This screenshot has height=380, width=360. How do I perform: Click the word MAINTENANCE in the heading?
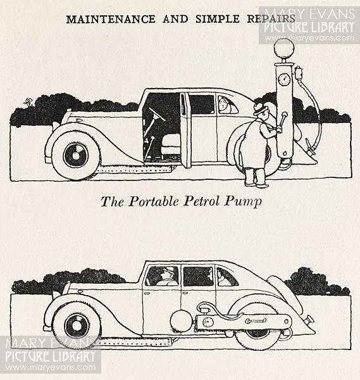[x=111, y=20]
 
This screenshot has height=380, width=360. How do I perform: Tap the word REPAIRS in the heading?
[x=271, y=19]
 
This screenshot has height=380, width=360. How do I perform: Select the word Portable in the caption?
[x=154, y=201]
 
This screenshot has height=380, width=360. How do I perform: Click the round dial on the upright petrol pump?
[x=284, y=79]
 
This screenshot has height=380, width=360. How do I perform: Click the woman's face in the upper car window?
[x=222, y=104]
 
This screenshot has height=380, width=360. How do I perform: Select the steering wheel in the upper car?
[x=157, y=114]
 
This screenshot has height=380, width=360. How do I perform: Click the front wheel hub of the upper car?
[x=76, y=156]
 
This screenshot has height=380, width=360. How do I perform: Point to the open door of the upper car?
[x=186, y=130]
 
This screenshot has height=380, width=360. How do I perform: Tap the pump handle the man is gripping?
[x=282, y=123]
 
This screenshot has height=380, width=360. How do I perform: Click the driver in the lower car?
[x=167, y=276]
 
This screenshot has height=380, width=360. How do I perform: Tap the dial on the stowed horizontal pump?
[x=208, y=322]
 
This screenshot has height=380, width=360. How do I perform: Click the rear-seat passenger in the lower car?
[x=221, y=277]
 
